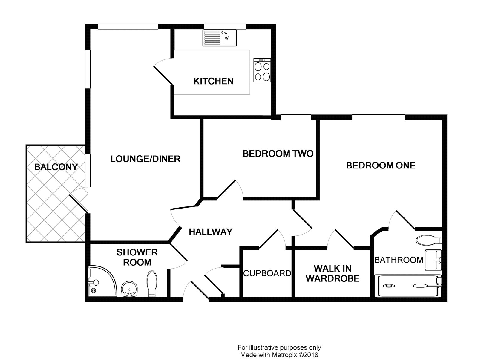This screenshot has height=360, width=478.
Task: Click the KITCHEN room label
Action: [213, 81]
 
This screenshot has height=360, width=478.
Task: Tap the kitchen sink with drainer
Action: [220, 38]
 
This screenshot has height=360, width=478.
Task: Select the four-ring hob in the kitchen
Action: [262, 70]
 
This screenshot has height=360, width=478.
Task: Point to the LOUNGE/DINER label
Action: [145, 159]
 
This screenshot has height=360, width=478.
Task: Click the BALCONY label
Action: [56, 167]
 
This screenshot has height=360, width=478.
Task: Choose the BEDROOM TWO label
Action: [278, 154]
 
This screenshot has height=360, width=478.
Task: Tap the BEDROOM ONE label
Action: [381, 166]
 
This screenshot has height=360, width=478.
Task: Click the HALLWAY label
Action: [211, 232]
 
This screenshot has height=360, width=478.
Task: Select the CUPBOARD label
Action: [267, 273]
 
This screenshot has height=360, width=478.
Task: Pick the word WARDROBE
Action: [333, 278]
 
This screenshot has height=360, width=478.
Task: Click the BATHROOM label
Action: [399, 260]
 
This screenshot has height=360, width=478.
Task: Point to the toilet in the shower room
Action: [152, 283]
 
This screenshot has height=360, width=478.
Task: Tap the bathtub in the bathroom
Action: [408, 286]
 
